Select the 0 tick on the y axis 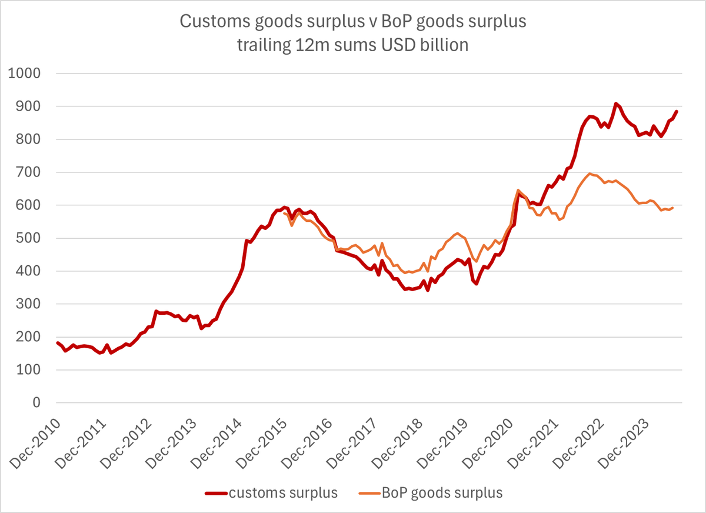(36, 404)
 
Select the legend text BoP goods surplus (442, 493)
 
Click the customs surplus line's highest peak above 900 (615, 104)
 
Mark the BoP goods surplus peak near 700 (590, 174)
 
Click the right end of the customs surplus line (677, 111)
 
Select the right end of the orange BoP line (672, 208)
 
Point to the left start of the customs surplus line (57, 342)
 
